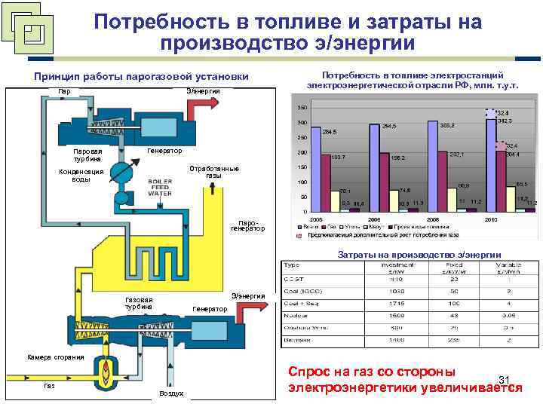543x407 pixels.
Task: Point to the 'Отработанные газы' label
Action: (213, 172)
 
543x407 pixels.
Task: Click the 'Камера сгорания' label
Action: (55, 357)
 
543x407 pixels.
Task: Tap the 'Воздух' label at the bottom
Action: (171, 393)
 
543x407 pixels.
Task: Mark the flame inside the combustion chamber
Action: (106, 369)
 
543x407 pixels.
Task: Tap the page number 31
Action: (505, 379)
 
